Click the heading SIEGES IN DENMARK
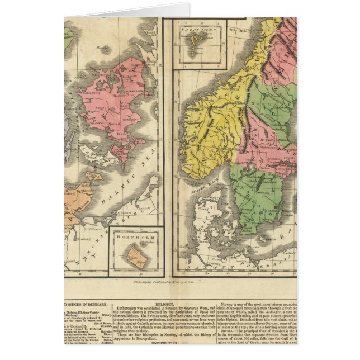tap(84, 299)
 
